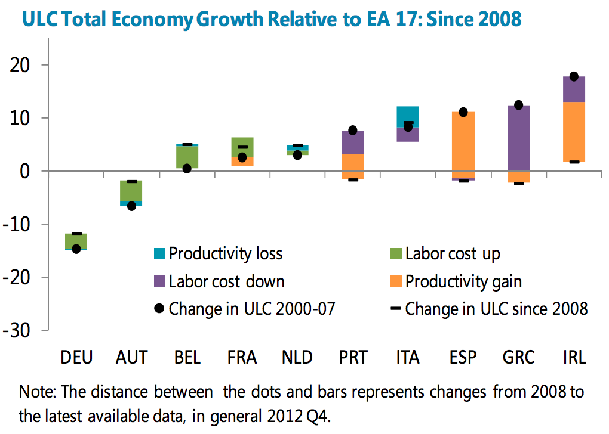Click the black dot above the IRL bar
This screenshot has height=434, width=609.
(574, 76)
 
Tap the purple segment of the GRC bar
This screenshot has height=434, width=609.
(518, 137)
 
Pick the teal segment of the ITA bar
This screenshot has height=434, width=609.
(408, 116)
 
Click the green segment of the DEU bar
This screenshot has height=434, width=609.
(76, 241)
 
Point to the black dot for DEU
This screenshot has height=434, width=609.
(76, 249)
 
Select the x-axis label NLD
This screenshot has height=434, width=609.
(297, 358)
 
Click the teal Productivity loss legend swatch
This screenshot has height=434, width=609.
(158, 254)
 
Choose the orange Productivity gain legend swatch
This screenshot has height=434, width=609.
(395, 281)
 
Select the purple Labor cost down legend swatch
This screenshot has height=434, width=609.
(158, 281)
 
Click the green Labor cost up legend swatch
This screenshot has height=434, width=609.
(395, 254)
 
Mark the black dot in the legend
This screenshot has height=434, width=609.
(158, 309)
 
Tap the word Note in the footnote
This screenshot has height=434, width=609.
(35, 393)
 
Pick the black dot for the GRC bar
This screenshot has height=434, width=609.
(518, 105)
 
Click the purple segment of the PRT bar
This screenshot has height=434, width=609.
(352, 142)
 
